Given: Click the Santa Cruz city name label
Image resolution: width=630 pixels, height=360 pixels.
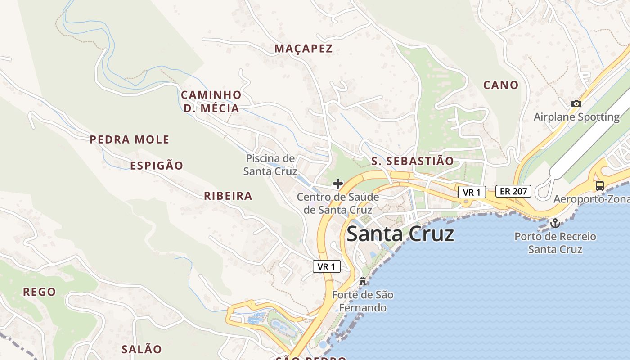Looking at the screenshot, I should tap(400, 234).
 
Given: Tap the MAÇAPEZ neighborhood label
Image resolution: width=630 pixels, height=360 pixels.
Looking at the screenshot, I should tap(304, 49).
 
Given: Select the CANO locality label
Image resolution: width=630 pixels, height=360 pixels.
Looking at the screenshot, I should tap(501, 85).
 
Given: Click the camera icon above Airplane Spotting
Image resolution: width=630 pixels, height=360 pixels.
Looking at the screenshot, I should tap(576, 104).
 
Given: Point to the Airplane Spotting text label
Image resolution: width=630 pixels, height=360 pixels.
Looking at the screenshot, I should tap(576, 117).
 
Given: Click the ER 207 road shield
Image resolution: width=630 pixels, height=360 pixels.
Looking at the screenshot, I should tap(513, 191).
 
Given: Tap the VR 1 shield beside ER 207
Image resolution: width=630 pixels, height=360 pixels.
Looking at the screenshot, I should tap(472, 193).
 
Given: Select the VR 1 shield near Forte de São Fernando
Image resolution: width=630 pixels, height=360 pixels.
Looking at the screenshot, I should tap(327, 266).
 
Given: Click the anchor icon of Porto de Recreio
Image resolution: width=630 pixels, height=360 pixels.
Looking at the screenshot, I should tap(555, 223).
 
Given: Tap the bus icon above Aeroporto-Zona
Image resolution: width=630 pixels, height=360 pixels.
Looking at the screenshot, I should tap(600, 185).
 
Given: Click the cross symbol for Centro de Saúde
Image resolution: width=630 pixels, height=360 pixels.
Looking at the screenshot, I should tap(338, 184).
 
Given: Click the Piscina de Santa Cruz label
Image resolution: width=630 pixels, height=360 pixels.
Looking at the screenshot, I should tap(270, 165).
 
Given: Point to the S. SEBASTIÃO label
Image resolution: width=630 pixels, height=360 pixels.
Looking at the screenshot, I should tap(413, 161).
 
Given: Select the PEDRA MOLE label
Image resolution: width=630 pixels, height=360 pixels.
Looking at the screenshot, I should tap(130, 139).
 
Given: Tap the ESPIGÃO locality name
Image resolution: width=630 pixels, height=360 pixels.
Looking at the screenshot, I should tap(157, 166).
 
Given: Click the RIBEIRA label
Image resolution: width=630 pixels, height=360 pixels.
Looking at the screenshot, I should tap(228, 196).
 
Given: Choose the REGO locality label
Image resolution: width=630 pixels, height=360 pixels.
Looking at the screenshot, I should tap(40, 292).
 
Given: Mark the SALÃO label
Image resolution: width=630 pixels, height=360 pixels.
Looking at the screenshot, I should tap(141, 349).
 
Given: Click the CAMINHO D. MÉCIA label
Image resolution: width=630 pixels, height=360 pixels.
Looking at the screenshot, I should tap(211, 101).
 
